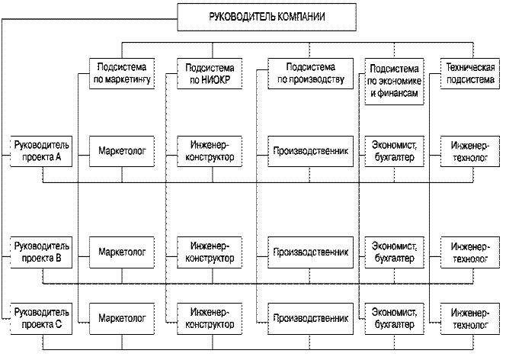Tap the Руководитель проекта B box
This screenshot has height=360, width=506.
click(42, 251)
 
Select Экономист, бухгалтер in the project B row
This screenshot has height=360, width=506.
click(392, 251)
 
